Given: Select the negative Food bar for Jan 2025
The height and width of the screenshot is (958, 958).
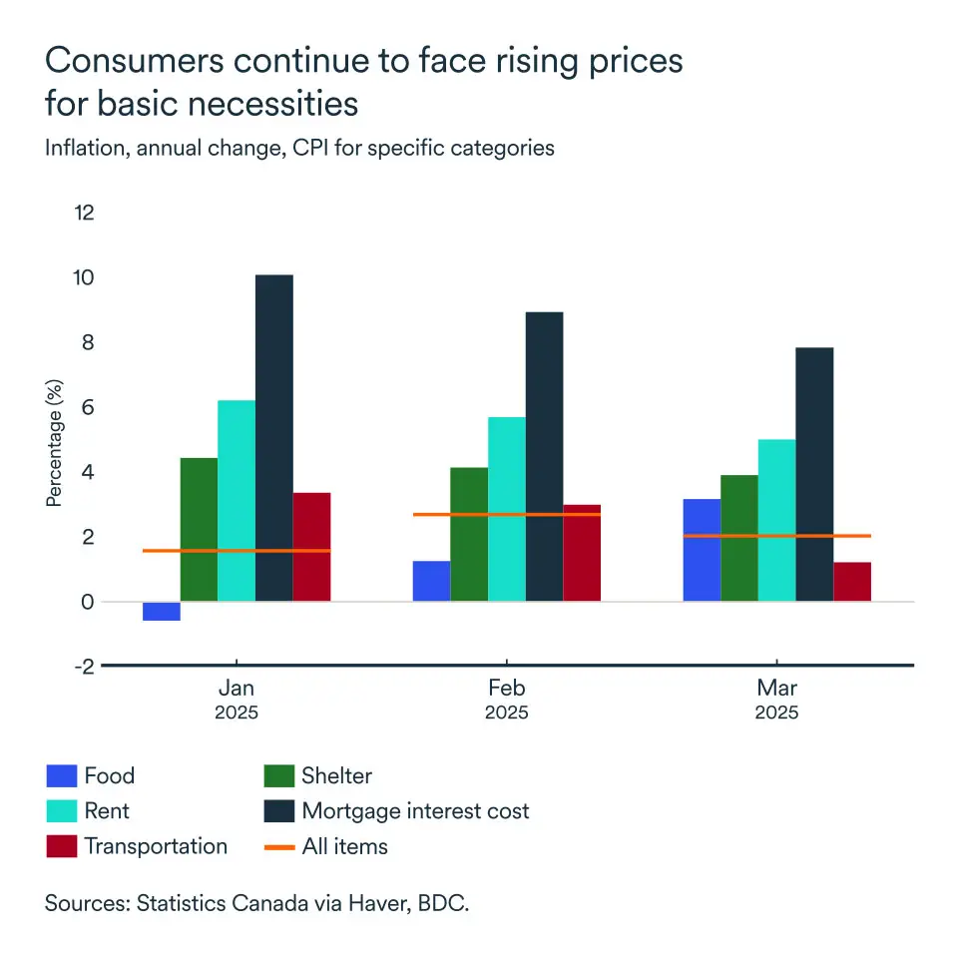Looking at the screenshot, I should point(162,611).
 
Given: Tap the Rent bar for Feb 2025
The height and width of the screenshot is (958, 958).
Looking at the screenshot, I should point(507,509).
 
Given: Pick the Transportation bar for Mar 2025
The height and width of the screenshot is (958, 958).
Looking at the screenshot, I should point(852,582).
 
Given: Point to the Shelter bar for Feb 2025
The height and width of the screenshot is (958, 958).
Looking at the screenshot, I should point(469,534).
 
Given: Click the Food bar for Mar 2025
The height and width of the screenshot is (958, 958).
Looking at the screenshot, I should point(702,550).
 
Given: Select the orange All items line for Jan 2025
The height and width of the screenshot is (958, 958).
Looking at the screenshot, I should point(237,551).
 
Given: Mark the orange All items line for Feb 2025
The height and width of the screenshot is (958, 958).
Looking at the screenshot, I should point(507,515).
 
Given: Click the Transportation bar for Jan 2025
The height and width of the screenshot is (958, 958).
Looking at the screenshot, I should point(311,547).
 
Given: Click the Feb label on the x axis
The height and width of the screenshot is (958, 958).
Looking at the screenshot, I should point(507,689).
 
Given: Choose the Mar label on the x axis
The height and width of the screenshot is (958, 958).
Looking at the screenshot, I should point(776,689).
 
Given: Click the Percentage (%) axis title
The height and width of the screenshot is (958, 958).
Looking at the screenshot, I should point(54,438).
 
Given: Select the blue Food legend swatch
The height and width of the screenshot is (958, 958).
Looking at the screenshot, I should point(61,776).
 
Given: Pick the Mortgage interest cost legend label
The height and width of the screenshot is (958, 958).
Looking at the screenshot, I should point(415,810).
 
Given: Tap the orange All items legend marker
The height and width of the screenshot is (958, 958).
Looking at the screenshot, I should point(278,846).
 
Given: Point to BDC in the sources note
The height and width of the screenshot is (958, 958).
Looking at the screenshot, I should point(447,904).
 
